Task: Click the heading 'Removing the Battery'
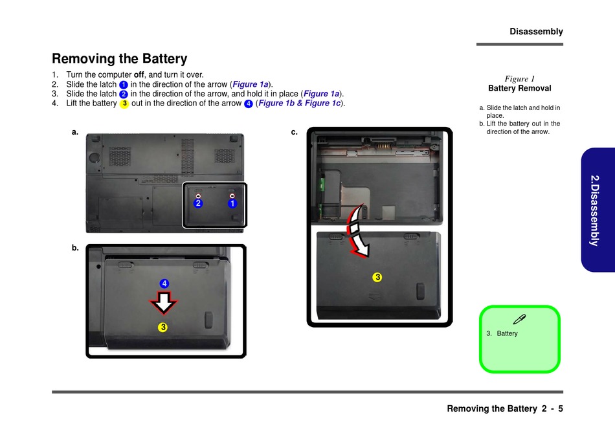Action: tap(120, 59)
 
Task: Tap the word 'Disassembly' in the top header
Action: tap(536, 31)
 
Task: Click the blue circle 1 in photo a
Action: tap(232, 203)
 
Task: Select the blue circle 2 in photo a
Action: tap(198, 203)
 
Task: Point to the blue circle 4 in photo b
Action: tap(164, 284)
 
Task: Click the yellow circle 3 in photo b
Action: tap(164, 327)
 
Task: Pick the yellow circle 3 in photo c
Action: tap(377, 277)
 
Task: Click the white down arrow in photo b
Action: tap(164, 302)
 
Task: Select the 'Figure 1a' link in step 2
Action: tap(251, 84)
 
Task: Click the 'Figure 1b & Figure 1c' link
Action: tap(299, 104)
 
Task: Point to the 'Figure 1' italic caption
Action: tap(519, 78)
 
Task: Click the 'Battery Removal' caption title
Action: tap(519, 88)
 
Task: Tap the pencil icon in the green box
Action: tap(519, 318)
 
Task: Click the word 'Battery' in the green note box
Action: tap(507, 333)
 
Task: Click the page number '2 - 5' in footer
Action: tap(552, 408)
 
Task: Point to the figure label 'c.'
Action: tap(295, 132)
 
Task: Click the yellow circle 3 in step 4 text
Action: tap(124, 104)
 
